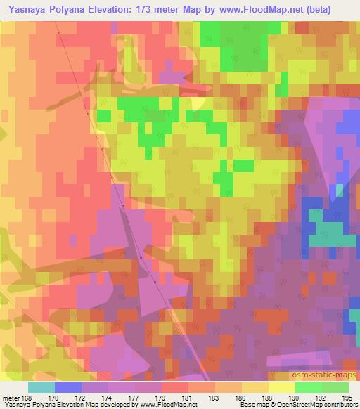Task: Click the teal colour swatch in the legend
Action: tap(41, 387)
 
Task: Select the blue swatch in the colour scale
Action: tap(68, 387)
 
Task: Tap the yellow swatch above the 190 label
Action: tap(282, 387)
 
